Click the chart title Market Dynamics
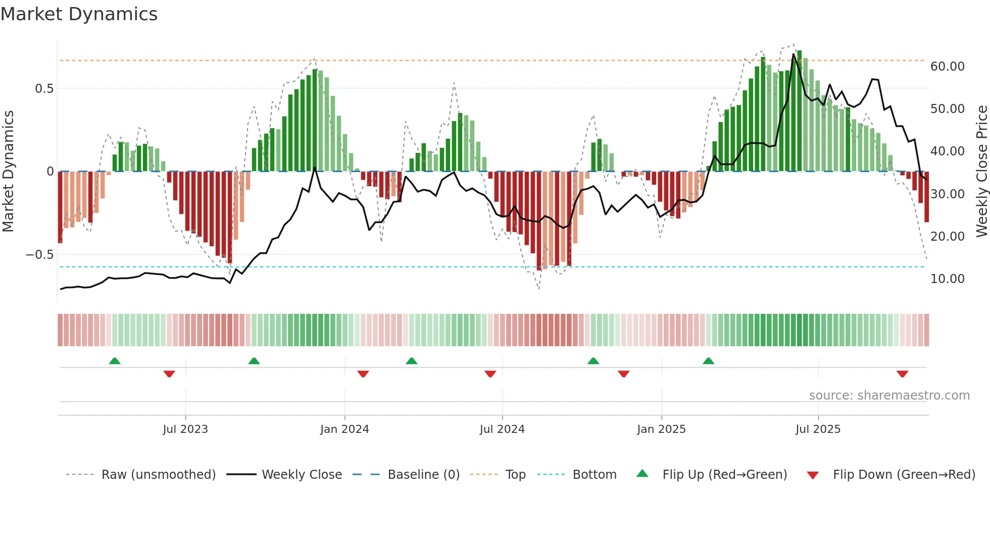click(x=79, y=14)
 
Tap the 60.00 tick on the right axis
click(x=947, y=67)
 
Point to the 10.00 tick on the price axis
click(x=947, y=279)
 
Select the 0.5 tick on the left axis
click(x=44, y=89)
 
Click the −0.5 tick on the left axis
click(x=40, y=255)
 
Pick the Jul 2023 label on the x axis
click(x=185, y=429)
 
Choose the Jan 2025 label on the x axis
click(x=661, y=429)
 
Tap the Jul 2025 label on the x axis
click(x=818, y=429)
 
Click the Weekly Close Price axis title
click(x=981, y=172)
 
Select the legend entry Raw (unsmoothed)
click(x=158, y=475)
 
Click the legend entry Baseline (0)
click(x=423, y=475)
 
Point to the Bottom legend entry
click(x=594, y=475)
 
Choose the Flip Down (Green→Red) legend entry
click(x=904, y=475)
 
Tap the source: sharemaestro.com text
click(x=889, y=396)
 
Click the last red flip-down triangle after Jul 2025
click(x=903, y=374)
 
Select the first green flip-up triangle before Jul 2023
click(x=115, y=361)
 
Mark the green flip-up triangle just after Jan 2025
click(x=709, y=361)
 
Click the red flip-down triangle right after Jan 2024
click(x=363, y=374)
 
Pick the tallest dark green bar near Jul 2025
click(x=800, y=111)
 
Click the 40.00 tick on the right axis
click(x=947, y=151)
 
